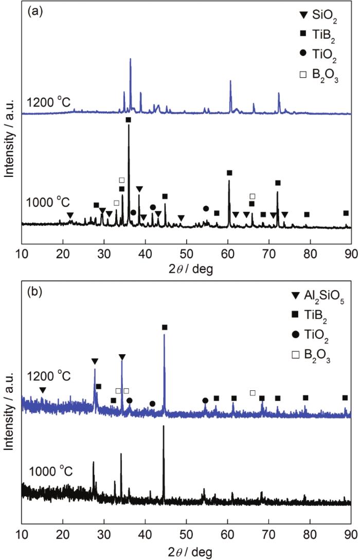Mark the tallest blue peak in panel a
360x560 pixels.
(130, 59)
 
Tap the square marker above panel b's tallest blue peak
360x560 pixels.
(165, 328)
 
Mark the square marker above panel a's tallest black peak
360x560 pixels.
(128, 120)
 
